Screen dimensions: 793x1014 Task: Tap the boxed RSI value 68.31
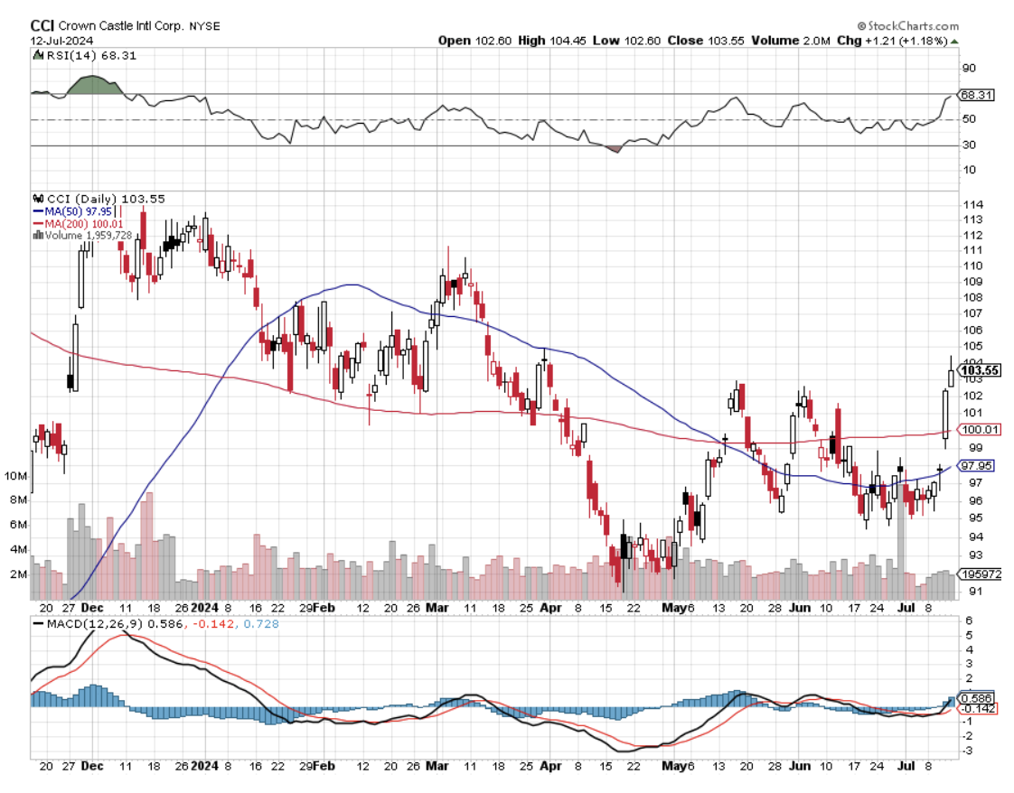tap(977, 94)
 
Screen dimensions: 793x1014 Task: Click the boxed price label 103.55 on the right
tap(980, 369)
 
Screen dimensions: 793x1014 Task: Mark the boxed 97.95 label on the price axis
tap(977, 466)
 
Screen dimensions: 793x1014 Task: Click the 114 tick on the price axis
tap(971, 204)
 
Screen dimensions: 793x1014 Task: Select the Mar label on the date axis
tap(437, 609)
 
